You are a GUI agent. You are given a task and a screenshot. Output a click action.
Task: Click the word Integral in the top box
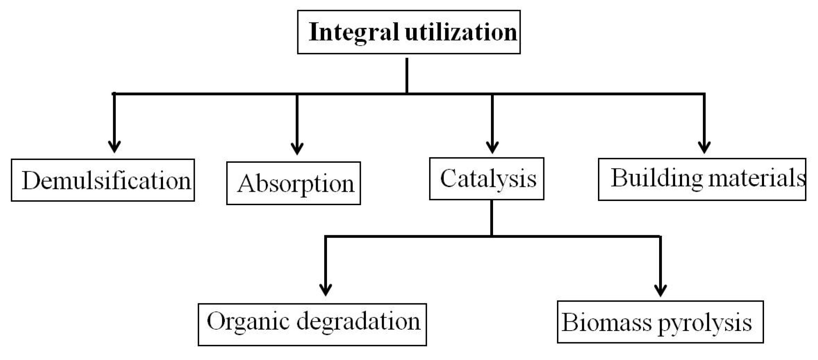[354, 32]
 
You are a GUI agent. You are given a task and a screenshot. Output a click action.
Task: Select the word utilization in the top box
[461, 32]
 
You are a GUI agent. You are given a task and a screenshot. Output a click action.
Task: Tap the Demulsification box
[103, 180]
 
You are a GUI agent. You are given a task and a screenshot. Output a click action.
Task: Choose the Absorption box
[294, 183]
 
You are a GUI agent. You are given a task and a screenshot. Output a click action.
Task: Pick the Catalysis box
[487, 178]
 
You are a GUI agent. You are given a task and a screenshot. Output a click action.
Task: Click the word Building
[656, 178]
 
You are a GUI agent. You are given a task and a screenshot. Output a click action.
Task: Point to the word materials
[757, 178]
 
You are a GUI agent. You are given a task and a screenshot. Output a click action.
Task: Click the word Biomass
[606, 322]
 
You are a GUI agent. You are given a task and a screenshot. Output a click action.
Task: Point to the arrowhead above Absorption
[297, 148]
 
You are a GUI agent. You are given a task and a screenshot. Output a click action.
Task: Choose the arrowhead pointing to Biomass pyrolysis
[660, 290]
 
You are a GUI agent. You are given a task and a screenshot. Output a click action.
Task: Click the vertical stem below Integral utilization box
[407, 75]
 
